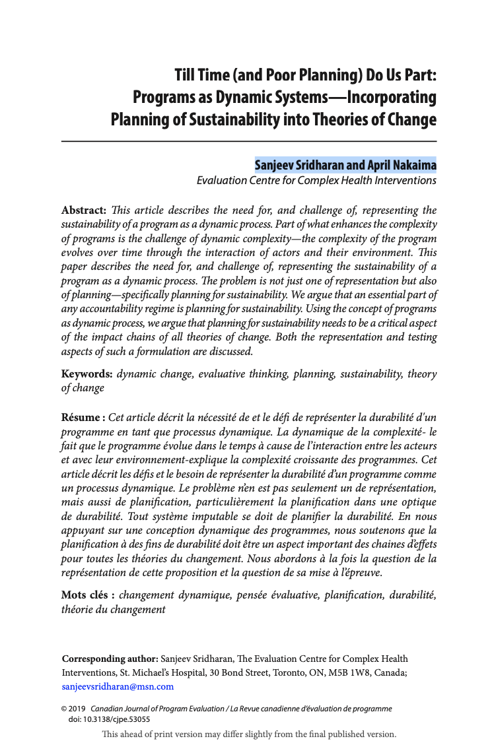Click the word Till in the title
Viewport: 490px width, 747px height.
(x=186, y=74)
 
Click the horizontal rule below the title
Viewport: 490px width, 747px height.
(x=249, y=141)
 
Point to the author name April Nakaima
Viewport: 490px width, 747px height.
(x=401, y=165)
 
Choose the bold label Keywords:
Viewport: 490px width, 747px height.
(x=87, y=374)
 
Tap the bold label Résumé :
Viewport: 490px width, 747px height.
(x=83, y=418)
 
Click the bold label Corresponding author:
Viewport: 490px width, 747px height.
(x=110, y=659)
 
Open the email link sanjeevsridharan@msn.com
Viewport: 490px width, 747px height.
(x=118, y=686)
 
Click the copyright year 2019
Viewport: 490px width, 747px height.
(x=77, y=709)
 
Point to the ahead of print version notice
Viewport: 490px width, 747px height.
(x=249, y=734)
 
